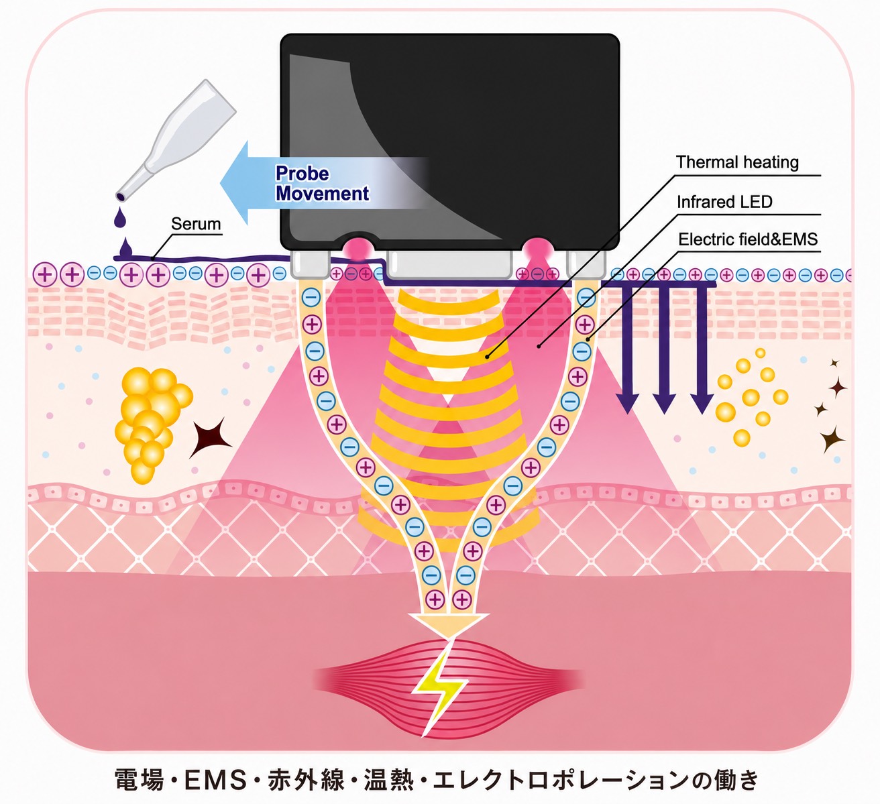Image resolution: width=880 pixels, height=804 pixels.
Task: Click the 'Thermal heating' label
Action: tap(737, 163)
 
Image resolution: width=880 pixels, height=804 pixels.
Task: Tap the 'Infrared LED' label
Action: tap(724, 202)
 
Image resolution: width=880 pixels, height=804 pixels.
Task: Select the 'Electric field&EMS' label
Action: tap(748, 239)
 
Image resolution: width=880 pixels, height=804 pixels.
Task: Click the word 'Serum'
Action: tap(196, 224)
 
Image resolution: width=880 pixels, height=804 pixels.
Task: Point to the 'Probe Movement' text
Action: tap(322, 183)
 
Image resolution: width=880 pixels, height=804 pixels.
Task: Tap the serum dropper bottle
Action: tap(176, 140)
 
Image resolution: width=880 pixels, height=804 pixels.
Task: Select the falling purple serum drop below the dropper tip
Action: tap(119, 217)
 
